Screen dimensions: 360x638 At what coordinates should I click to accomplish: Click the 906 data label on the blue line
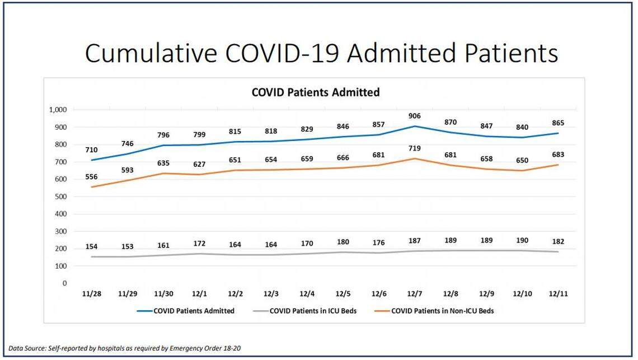414,116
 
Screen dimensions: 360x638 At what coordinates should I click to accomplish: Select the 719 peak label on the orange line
414,148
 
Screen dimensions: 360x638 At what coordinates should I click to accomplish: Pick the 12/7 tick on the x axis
414,294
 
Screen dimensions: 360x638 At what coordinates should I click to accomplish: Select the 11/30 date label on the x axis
164,294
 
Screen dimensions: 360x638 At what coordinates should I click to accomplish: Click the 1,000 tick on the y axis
57,110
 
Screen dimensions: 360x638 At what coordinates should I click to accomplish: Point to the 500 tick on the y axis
60,197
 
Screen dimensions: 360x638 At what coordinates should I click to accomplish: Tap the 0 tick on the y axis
65,283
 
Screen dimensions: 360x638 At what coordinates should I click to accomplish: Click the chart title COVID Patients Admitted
315,92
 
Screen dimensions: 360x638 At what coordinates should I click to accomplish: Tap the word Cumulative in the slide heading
151,53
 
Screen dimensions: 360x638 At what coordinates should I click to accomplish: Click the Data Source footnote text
125,348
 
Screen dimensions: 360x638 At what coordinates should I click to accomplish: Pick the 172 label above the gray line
200,244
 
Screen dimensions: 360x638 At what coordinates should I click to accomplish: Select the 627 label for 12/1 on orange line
200,164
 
